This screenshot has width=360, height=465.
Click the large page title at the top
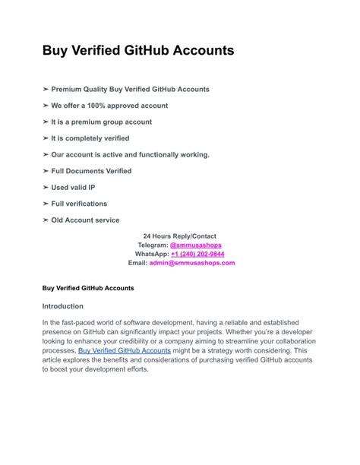pyautogui.click(x=138, y=51)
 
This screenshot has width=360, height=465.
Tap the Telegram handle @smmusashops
pyautogui.click(x=196, y=245)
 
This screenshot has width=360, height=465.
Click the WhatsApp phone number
pyautogui.click(x=197, y=255)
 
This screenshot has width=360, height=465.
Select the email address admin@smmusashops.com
pyautogui.click(x=192, y=263)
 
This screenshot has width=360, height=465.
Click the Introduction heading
pyautogui.click(x=63, y=306)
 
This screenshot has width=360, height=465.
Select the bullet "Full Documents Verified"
pyautogui.click(x=91, y=171)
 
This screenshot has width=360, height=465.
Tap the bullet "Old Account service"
pyautogui.click(x=85, y=220)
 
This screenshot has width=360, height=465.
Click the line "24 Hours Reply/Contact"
pyautogui.click(x=180, y=236)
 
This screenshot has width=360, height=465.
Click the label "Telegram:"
pyautogui.click(x=153, y=245)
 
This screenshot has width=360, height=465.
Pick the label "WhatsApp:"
pyautogui.click(x=152, y=255)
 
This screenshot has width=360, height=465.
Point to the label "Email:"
pyautogui.click(x=137, y=263)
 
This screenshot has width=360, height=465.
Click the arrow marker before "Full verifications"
pyautogui.click(x=46, y=204)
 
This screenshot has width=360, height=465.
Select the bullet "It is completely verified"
pyautogui.click(x=90, y=138)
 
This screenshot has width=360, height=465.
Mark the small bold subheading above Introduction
pyautogui.click(x=88, y=289)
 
